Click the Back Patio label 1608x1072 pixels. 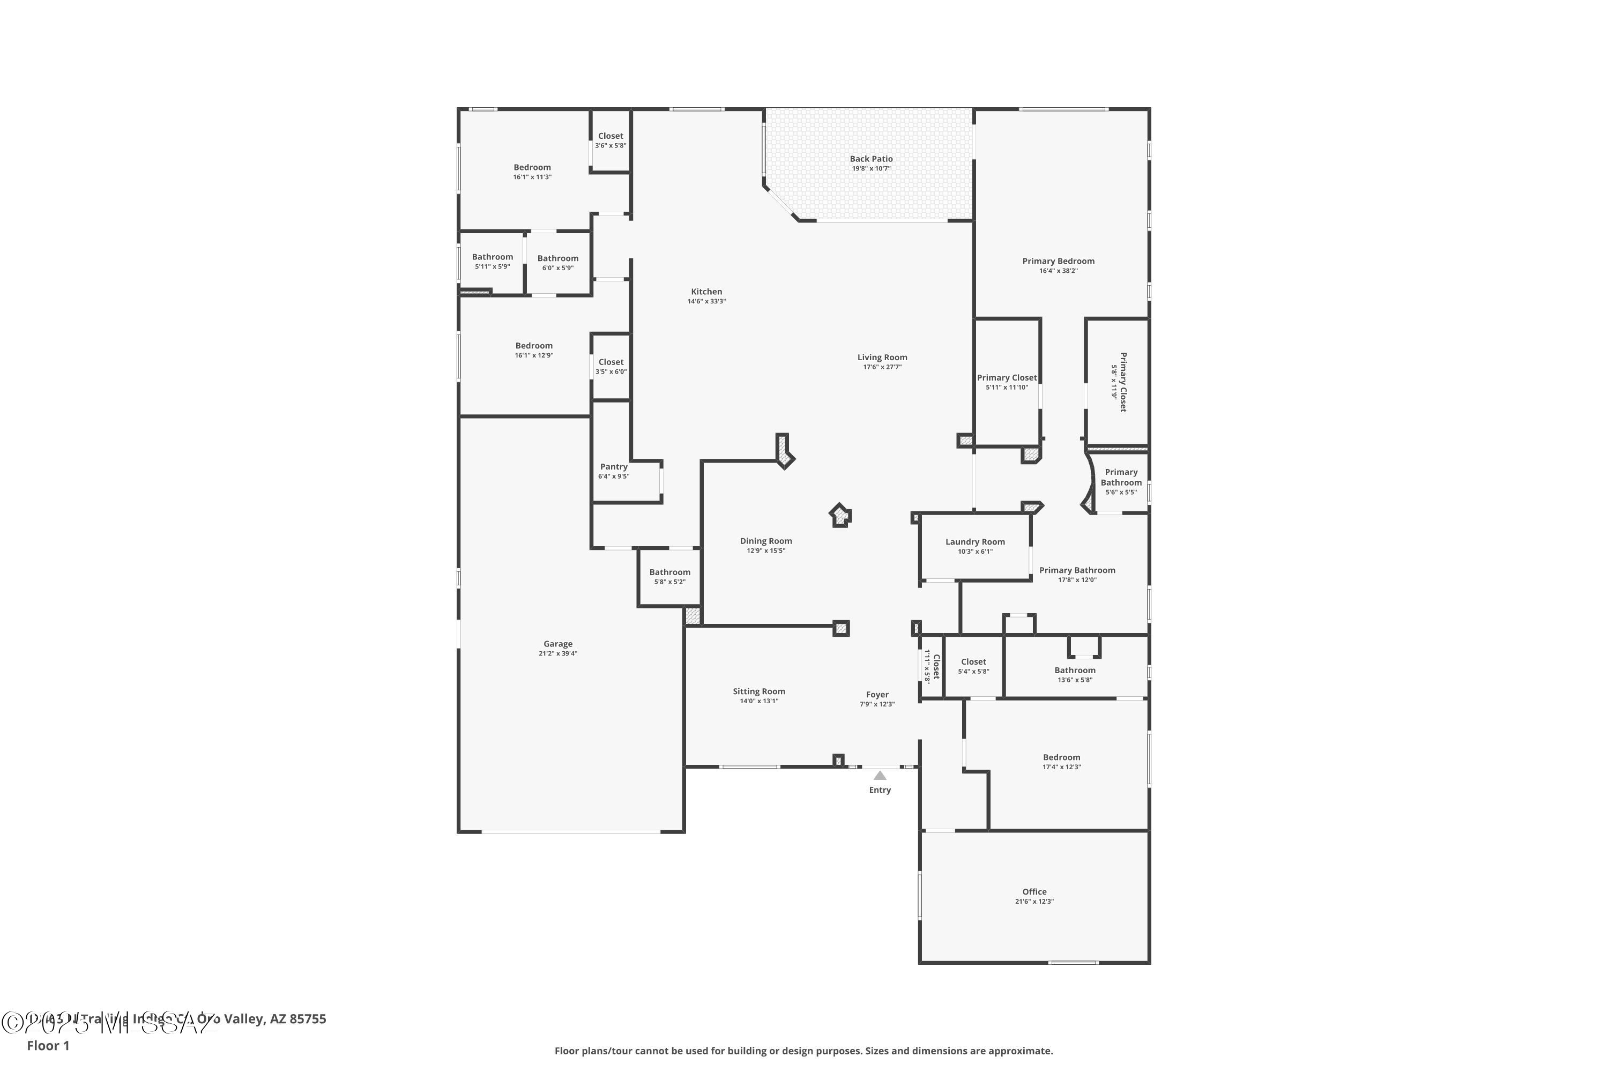(871, 159)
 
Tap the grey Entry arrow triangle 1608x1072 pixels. (880, 775)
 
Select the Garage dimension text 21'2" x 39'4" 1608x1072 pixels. (558, 653)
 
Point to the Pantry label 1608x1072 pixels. (613, 467)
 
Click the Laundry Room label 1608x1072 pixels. (975, 542)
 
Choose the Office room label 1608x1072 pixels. (1034, 891)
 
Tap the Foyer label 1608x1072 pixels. (877, 695)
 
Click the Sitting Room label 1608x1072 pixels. (759, 691)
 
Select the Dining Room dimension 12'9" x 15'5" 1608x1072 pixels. (766, 551)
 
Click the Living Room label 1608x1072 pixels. (882, 358)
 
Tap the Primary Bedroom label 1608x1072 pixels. (1058, 261)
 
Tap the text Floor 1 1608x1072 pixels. (48, 1045)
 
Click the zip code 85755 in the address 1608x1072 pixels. (308, 1019)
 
